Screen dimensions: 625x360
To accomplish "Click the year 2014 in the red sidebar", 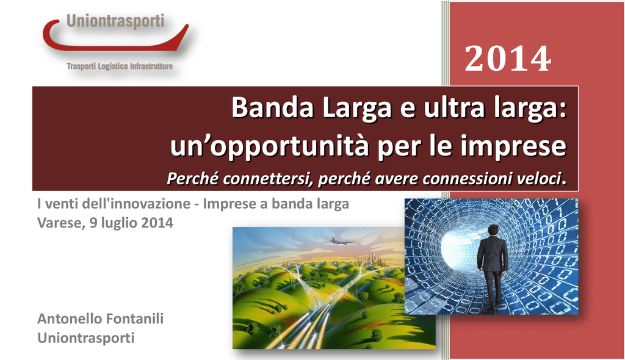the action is pos(508,59).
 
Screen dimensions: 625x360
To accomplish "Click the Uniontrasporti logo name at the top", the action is pos(115,21).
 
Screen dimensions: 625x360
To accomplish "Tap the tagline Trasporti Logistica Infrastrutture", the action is pos(120,66).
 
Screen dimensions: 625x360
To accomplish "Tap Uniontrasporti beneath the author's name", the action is pos(85,337).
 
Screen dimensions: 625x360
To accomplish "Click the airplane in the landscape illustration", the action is pos(341,241).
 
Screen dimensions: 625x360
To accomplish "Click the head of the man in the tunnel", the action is pos(493,230).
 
